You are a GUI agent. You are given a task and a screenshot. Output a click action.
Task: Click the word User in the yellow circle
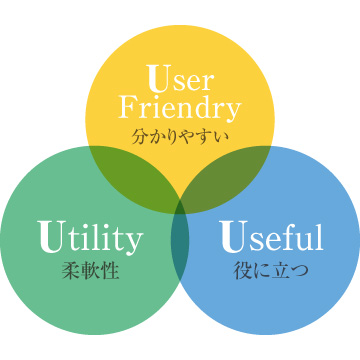point(180,79)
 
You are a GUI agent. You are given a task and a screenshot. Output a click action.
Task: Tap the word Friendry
point(180,106)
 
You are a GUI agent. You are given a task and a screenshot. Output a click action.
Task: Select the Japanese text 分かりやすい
point(180,132)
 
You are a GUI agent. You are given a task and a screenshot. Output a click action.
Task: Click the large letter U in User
point(155,77)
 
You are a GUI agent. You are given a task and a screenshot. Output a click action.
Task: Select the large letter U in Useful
point(231,237)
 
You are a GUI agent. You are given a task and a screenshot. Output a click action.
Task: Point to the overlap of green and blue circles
point(180,245)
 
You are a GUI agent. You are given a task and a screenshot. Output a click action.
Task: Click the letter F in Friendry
point(127,106)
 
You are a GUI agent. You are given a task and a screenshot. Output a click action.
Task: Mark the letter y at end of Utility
point(134,242)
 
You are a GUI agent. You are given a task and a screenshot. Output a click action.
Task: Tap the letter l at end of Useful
point(319,237)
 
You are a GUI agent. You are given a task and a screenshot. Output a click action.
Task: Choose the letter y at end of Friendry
point(234,109)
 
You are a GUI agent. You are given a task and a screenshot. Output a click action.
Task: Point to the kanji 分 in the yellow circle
point(139,132)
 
